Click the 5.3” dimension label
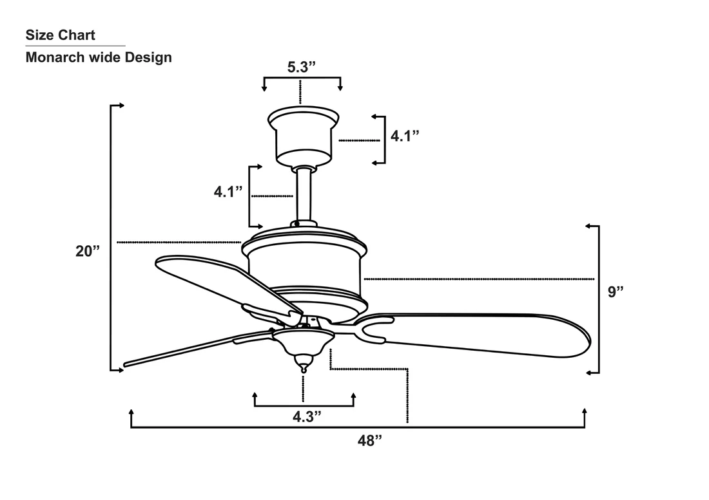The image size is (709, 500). tap(301, 67)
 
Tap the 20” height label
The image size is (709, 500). tap(87, 251)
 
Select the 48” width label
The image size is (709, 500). tap(370, 440)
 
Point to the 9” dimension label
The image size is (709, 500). tap(616, 292)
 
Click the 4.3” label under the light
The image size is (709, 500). tap(307, 416)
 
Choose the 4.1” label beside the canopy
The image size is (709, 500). tap(405, 135)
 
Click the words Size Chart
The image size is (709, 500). tap(60, 35)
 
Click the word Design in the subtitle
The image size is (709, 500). tap(148, 57)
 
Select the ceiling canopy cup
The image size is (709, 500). tap(304, 136)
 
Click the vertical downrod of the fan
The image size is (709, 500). tap(304, 195)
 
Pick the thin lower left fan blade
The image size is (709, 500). tap(199, 347)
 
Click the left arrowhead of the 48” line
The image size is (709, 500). tap(131, 412)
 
